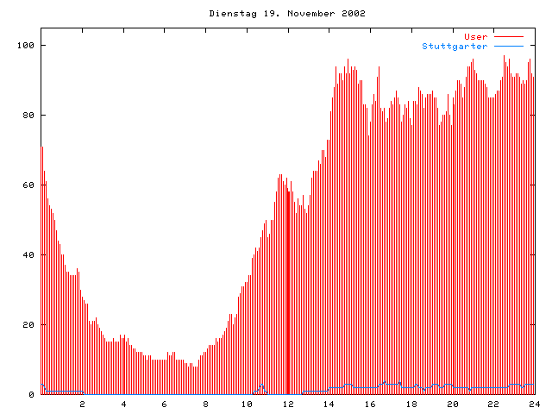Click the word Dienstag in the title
(230, 14)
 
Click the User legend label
(476, 36)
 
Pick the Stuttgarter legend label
(455, 46)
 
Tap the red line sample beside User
(509, 36)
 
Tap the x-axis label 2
(83, 404)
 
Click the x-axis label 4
(123, 404)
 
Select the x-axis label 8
(206, 404)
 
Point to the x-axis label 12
(288, 404)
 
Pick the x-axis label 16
(370, 404)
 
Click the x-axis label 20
(452, 404)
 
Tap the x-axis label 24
(534, 404)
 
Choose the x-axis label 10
(247, 404)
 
